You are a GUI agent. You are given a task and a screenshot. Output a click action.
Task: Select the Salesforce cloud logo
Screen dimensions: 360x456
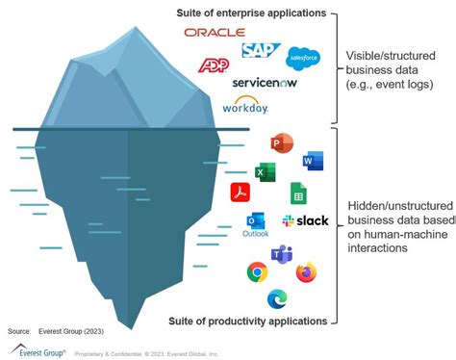click(x=303, y=57)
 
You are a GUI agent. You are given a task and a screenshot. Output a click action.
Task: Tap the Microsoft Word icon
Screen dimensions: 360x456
click(x=313, y=160)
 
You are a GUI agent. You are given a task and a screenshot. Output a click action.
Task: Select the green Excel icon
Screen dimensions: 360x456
click(x=265, y=171)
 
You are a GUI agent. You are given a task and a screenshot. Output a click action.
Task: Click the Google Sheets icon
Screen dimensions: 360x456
click(x=298, y=192)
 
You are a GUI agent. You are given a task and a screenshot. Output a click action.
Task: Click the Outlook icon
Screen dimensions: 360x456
click(x=256, y=222)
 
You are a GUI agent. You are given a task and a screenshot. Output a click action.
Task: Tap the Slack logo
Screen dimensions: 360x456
click(x=305, y=220)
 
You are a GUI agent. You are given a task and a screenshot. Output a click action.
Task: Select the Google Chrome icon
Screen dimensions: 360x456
click(x=257, y=273)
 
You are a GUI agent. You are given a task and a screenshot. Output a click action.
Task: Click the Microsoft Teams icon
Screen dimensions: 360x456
click(x=281, y=254)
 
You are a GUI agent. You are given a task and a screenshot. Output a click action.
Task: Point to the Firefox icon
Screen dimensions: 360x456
click(x=306, y=272)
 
